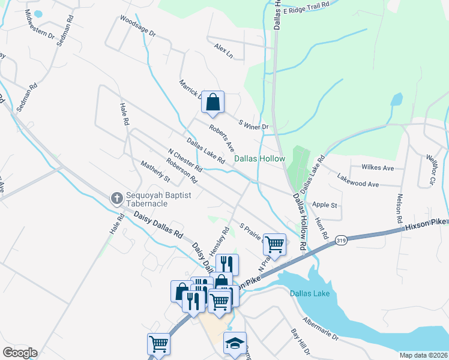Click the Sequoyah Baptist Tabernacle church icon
tap(118, 197)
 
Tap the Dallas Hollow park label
tap(259, 158)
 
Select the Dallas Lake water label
tap(309, 293)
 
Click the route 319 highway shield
tap(341, 239)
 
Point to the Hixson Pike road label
tap(426, 224)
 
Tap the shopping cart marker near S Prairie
tap(274, 245)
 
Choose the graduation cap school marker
tap(235, 343)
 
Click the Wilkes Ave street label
tap(377, 167)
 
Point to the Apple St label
tap(325, 205)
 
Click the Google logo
tap(20, 353)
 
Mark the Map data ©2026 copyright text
tap(423, 355)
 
